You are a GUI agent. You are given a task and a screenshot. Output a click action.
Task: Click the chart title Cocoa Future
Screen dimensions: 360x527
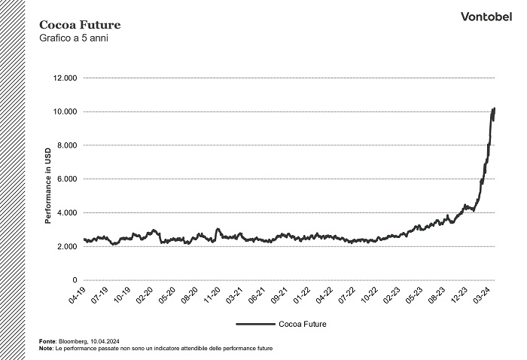click(79, 25)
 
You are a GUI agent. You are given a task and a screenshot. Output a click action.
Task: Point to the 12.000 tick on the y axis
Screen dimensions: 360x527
click(66, 78)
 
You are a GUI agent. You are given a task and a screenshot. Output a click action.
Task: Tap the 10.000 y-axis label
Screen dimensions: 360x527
click(66, 111)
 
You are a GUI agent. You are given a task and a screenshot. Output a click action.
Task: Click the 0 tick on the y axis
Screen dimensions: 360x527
click(75, 280)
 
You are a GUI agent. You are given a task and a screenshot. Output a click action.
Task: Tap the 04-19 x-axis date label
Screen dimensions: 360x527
click(78, 294)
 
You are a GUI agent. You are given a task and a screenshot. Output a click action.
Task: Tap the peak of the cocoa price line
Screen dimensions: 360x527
click(494, 108)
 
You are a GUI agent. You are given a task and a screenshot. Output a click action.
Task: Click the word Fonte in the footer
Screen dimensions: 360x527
click(47, 342)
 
